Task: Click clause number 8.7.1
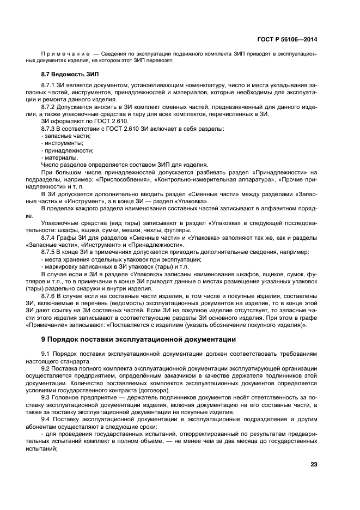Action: point(50,86)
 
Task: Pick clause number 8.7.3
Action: point(50,128)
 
